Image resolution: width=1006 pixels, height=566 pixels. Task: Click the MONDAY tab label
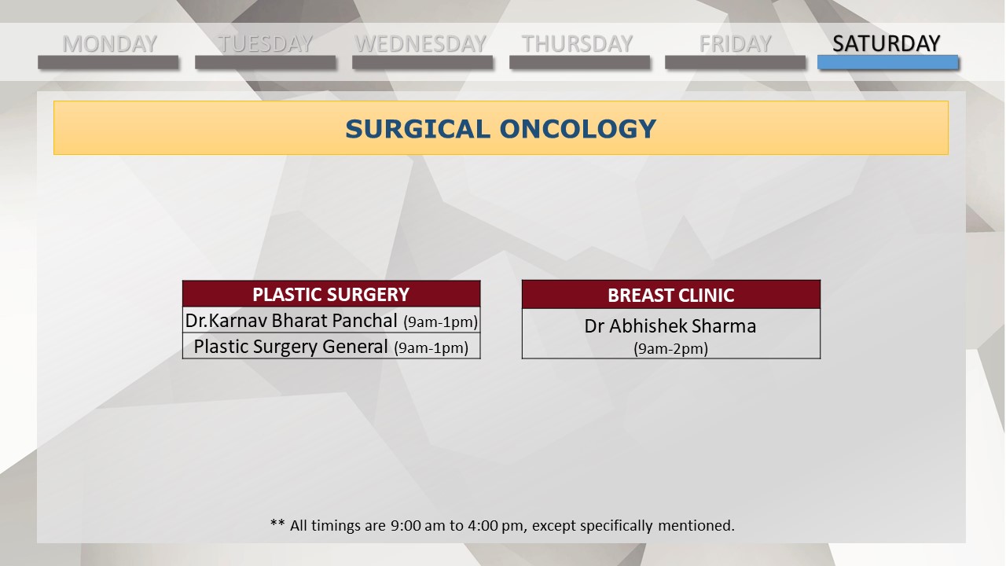pos(109,43)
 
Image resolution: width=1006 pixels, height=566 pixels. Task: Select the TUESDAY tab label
pos(265,43)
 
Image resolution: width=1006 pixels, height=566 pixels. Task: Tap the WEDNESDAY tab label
pos(420,43)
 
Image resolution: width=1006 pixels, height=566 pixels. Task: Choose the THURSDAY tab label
pos(577,43)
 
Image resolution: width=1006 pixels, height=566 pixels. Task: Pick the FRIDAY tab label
pos(735,43)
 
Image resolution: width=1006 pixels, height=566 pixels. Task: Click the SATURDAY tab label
pos(886,43)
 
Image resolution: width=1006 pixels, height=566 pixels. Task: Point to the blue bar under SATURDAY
pos(888,62)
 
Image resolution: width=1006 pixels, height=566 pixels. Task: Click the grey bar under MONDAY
pos(108,62)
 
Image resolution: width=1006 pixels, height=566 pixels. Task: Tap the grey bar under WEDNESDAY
pos(423,62)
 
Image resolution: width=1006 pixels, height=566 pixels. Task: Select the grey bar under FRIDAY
pos(735,62)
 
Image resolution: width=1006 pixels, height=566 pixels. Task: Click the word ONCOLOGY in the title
pos(578,129)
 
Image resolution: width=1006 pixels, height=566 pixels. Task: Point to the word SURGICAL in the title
pos(417,129)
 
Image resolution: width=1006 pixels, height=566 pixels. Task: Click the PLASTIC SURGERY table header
pos(332,294)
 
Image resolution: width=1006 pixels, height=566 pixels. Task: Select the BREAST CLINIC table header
pos(671,295)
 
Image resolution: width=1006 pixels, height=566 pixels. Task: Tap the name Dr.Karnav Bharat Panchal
pos(291,321)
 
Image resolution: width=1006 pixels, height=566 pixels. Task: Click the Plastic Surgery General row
pos(332,347)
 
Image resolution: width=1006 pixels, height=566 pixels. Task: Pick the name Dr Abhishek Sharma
pos(670,326)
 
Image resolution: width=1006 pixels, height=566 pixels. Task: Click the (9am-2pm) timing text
pos(670,348)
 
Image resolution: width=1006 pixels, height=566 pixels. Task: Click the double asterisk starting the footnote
pos(277,523)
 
